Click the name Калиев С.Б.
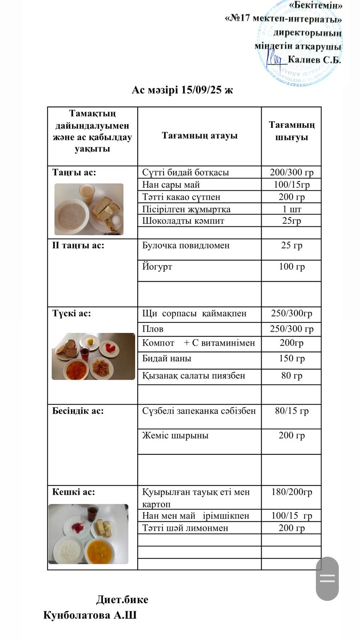point(314,60)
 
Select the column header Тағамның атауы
point(199,136)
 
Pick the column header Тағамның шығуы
point(292,131)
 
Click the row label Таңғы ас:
point(74,172)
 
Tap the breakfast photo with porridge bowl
point(89,209)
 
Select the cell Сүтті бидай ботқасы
point(186,172)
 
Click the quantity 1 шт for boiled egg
point(292,209)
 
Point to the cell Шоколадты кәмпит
point(183,221)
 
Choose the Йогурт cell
point(157,266)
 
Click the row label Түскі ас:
point(72,313)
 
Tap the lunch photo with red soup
point(93,356)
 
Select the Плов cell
point(153,329)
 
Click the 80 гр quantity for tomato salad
point(292,376)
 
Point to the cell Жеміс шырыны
point(175,435)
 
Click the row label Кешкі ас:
point(74,492)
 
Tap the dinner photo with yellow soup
point(88,534)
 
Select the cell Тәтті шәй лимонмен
point(185,528)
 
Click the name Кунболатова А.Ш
point(90,615)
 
